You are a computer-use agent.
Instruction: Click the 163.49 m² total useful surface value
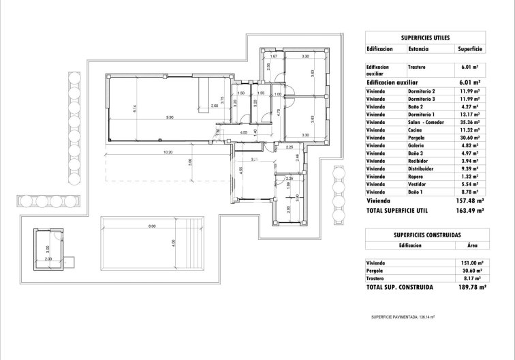pyautogui.click(x=470, y=211)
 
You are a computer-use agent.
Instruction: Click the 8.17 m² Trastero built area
pyautogui.click(x=471, y=278)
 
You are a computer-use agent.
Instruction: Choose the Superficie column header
pyautogui.click(x=470, y=49)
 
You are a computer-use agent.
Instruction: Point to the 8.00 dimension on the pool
pyautogui.click(x=153, y=226)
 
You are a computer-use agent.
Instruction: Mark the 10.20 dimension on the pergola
pyautogui.click(x=164, y=152)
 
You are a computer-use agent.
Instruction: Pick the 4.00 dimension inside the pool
pyautogui.click(x=173, y=241)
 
